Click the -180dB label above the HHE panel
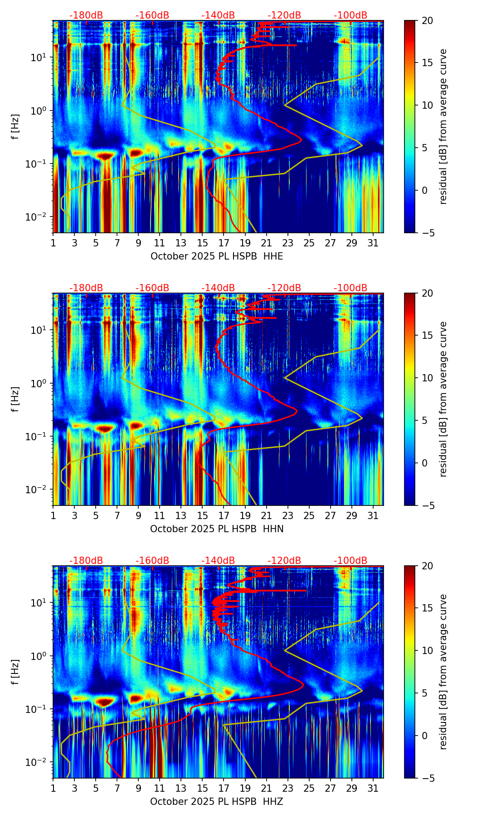(86, 15)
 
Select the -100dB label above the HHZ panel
(350, 561)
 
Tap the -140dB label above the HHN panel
(218, 288)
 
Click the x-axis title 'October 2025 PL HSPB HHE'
(217, 256)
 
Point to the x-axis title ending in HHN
(217, 529)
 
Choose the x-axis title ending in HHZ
(217, 802)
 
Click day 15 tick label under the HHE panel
(202, 243)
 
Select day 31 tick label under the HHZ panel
(373, 788)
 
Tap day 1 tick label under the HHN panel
(53, 515)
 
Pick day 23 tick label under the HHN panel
(287, 515)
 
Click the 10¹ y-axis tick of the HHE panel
(42, 58)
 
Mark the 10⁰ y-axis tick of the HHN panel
(42, 383)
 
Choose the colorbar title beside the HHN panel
(443, 399)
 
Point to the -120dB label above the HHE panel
(284, 15)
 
